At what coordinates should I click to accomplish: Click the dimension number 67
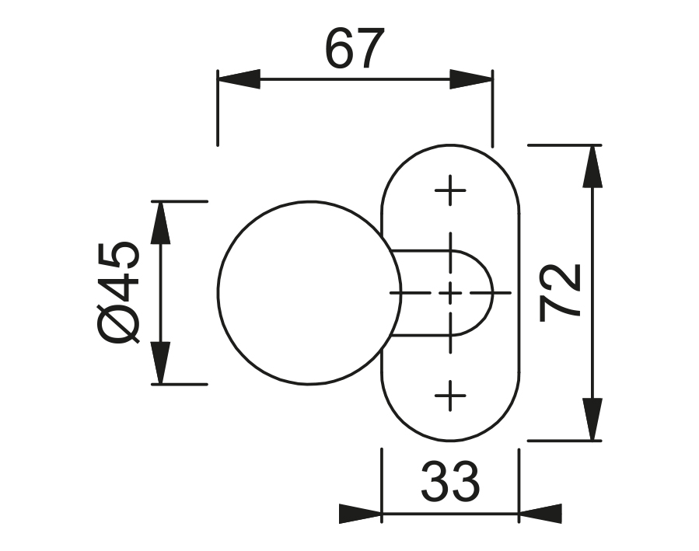click(355, 48)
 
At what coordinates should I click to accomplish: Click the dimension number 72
click(560, 292)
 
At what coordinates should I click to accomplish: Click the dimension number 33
click(450, 481)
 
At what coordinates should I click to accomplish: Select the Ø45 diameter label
click(117, 293)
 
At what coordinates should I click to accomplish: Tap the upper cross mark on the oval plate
click(450, 190)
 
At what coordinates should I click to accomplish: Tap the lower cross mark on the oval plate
click(450, 395)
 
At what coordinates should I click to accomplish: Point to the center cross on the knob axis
click(450, 293)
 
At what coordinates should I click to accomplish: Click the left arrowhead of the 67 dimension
click(239, 79)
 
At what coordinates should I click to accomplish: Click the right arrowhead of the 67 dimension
click(471, 79)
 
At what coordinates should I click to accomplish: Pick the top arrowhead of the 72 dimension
click(592, 166)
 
